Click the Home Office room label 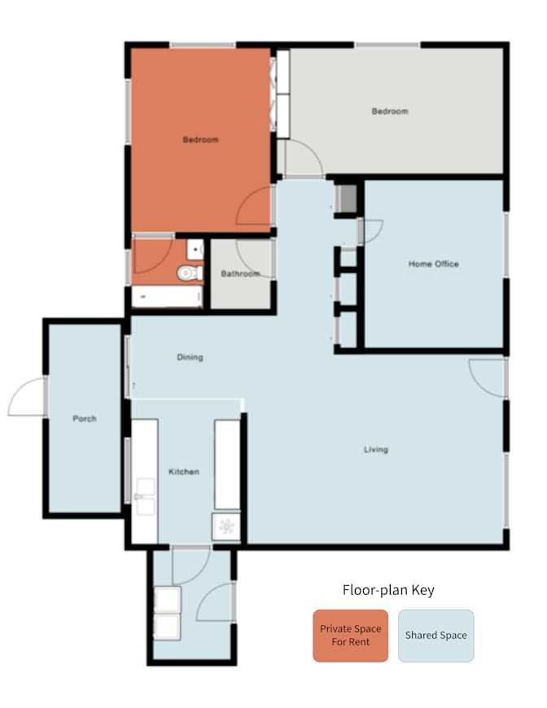click(433, 264)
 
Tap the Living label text click(376, 449)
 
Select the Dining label click(190, 357)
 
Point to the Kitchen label click(184, 472)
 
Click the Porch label click(85, 418)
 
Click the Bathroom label click(240, 273)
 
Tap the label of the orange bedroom click(200, 139)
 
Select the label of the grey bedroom click(390, 111)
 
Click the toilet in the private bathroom click(190, 273)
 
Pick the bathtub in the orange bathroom click(167, 297)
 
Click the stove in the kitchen click(226, 527)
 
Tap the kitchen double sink click(145, 496)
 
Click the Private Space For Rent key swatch click(351, 636)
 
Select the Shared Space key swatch click(435, 636)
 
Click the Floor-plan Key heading click(388, 590)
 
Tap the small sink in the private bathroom click(195, 250)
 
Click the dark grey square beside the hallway click(348, 199)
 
